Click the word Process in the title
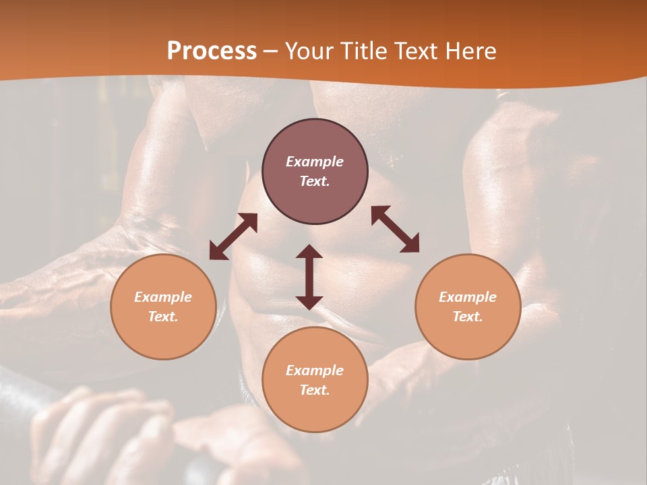212,51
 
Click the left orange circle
163,306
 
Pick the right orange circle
468,306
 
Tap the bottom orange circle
315,379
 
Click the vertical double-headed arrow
309,277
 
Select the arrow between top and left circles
233,236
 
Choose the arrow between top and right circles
395,229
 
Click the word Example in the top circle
315,162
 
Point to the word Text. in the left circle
163,317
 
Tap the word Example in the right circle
468,297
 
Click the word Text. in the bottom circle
315,390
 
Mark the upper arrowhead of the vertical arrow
309,251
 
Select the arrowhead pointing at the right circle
410,245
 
